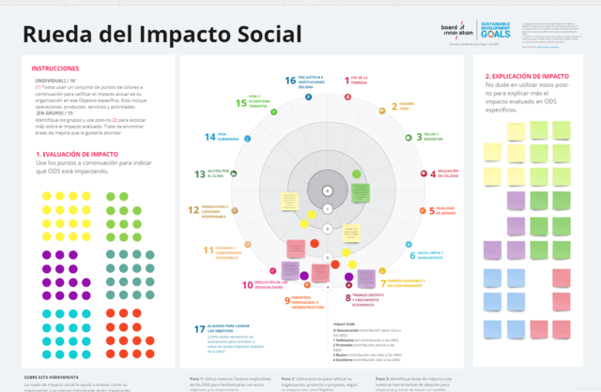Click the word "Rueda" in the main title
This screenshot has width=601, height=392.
pyautogui.click(x=63, y=35)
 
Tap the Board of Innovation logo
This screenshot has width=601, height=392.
pyautogui.click(x=458, y=30)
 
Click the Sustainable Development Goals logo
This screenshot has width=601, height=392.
pyautogui.click(x=497, y=30)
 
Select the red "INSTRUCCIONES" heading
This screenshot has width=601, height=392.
pyautogui.click(x=55, y=68)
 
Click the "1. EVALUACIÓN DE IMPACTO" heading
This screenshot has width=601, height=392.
pyautogui.click(x=77, y=154)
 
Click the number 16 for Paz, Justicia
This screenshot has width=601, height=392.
pyautogui.click(x=290, y=82)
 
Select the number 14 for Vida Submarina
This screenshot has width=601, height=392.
pyautogui.click(x=210, y=137)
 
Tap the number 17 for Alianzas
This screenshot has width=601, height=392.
pyautogui.click(x=199, y=330)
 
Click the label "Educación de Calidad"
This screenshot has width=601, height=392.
pyautogui.click(x=447, y=173)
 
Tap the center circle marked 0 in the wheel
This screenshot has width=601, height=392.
pyautogui.click(x=326, y=191)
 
